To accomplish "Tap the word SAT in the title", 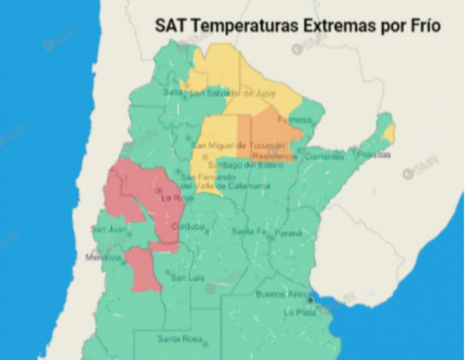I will [x=169, y=27].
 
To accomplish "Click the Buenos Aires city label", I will [x=281, y=295].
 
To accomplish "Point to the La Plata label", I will [x=298, y=313].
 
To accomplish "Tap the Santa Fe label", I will [x=248, y=232].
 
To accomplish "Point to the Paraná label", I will [x=287, y=232].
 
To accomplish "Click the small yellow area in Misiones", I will [x=389, y=133].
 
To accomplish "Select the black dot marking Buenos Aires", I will [x=310, y=300].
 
